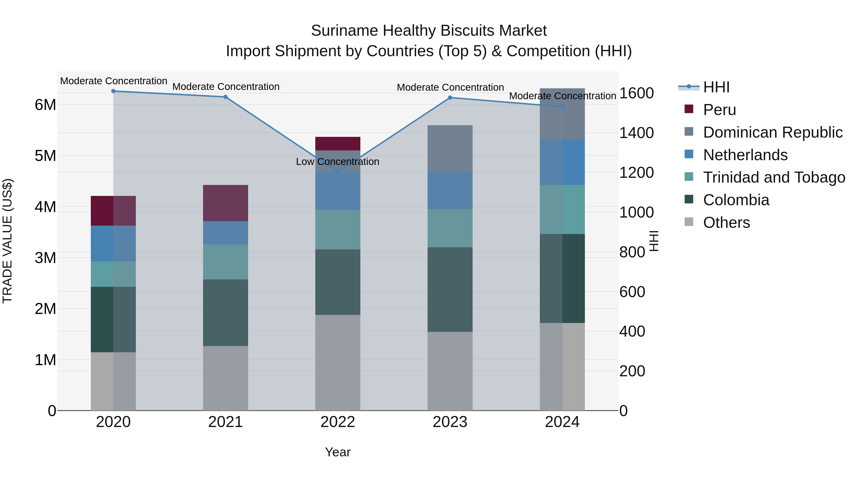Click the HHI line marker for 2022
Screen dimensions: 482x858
click(338, 172)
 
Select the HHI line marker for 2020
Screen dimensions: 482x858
click(113, 91)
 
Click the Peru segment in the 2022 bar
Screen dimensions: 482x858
click(338, 144)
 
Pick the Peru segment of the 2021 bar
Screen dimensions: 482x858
click(225, 203)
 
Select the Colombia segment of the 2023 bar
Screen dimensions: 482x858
click(450, 289)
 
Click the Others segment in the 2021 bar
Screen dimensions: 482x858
click(225, 378)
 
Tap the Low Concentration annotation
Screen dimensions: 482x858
click(337, 162)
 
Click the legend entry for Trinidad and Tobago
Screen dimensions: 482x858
click(774, 177)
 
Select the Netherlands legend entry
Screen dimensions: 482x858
click(745, 155)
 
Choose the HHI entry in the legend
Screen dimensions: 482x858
click(716, 87)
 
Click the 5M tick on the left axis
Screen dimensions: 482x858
click(45, 156)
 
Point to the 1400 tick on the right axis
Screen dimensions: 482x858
click(636, 133)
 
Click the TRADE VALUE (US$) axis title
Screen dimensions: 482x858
click(7, 241)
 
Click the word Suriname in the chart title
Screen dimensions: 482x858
click(344, 31)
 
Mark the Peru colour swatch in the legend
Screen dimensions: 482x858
click(689, 109)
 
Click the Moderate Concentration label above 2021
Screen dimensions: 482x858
click(226, 87)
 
